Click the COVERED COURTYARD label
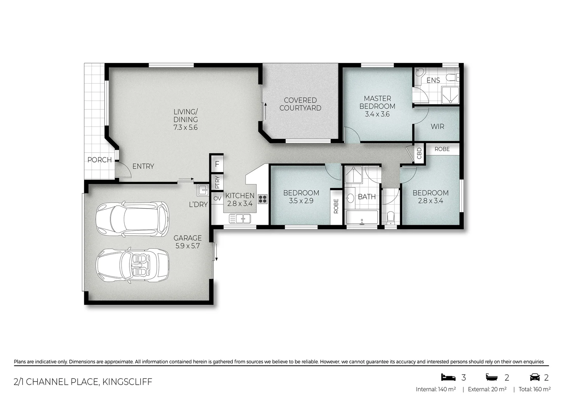point(300,104)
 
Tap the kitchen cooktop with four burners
point(263,199)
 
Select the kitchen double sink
point(240,219)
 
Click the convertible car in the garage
point(132,265)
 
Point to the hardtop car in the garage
point(132,219)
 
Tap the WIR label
point(437,126)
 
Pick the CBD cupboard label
point(419,153)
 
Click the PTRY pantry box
point(217,182)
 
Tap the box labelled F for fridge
point(217,164)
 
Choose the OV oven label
point(217,199)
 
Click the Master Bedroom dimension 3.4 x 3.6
point(377,114)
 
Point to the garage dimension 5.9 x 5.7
point(187,246)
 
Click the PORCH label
point(100,160)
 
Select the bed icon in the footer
point(448,377)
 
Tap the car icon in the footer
point(535,377)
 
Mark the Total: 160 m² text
point(534,389)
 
